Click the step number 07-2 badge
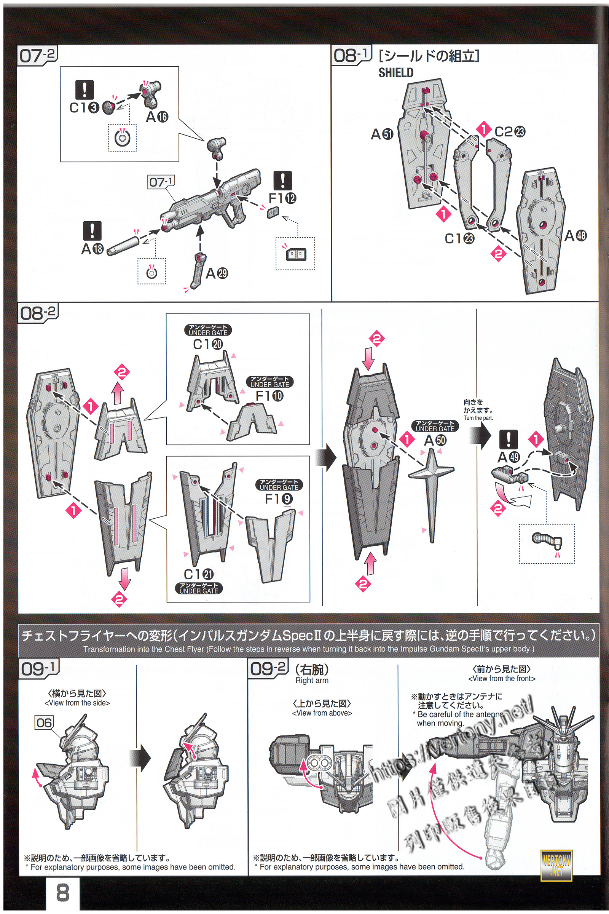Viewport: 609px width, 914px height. (38, 56)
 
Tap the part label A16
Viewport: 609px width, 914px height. (157, 117)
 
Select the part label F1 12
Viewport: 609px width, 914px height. (282, 198)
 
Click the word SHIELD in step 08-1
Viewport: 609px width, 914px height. (396, 73)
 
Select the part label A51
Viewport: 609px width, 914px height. (382, 134)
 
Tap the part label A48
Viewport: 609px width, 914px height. (575, 235)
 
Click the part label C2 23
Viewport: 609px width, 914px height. (510, 132)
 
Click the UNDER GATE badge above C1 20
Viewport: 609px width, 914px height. (208, 330)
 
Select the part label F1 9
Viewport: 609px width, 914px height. (279, 499)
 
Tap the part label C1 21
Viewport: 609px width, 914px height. (198, 574)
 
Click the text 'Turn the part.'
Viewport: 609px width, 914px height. (478, 418)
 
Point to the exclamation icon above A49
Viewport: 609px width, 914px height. (508, 439)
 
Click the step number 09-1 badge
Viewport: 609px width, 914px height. (39, 668)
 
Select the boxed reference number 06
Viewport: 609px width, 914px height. (44, 723)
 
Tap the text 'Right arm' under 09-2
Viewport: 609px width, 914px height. (312, 681)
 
